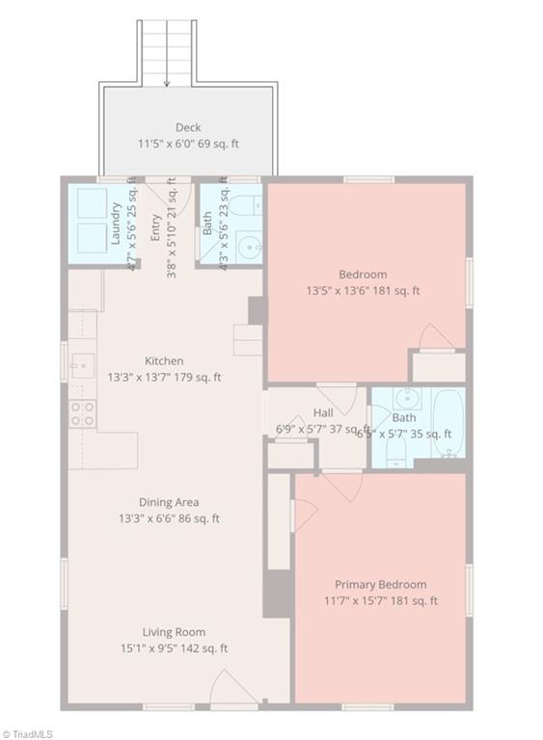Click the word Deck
coord(188,127)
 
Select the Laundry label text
coord(116,223)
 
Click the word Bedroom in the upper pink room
coord(363,274)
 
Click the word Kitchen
coord(164,361)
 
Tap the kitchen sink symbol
coord(81,365)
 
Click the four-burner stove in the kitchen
coord(82,413)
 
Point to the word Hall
coord(323,412)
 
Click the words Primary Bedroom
coord(380,584)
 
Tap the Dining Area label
coord(168,502)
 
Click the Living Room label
coord(174,632)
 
